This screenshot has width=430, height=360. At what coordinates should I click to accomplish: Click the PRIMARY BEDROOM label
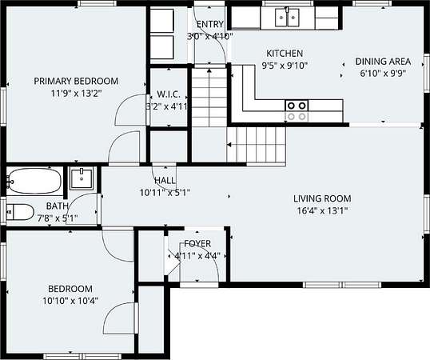(76, 82)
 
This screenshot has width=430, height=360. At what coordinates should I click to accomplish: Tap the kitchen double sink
(287, 18)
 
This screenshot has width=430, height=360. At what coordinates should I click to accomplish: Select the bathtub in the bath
(34, 181)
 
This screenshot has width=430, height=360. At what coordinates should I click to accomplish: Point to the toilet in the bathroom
(20, 212)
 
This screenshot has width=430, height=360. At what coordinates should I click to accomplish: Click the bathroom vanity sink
(82, 178)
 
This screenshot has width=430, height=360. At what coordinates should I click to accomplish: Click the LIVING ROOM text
(322, 198)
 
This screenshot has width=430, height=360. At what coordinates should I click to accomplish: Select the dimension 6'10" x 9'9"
(383, 74)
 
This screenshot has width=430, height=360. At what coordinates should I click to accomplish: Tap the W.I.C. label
(169, 94)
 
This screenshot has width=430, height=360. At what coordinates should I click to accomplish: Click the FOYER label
(197, 243)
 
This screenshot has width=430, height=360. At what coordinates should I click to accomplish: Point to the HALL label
(165, 181)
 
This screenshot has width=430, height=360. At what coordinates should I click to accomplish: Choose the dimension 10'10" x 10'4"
(70, 301)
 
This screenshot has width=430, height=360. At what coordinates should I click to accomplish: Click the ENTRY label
(210, 24)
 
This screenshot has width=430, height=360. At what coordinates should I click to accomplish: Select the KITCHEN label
(285, 54)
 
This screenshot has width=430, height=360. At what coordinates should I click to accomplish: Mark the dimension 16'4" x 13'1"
(323, 210)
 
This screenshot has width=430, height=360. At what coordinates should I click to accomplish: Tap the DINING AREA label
(383, 62)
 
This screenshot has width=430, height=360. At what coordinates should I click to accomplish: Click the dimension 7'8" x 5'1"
(58, 218)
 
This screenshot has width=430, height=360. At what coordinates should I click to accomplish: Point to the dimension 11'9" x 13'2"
(76, 94)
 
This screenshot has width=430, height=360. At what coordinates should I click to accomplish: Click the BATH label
(58, 206)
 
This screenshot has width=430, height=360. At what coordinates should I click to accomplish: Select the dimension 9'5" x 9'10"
(285, 66)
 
